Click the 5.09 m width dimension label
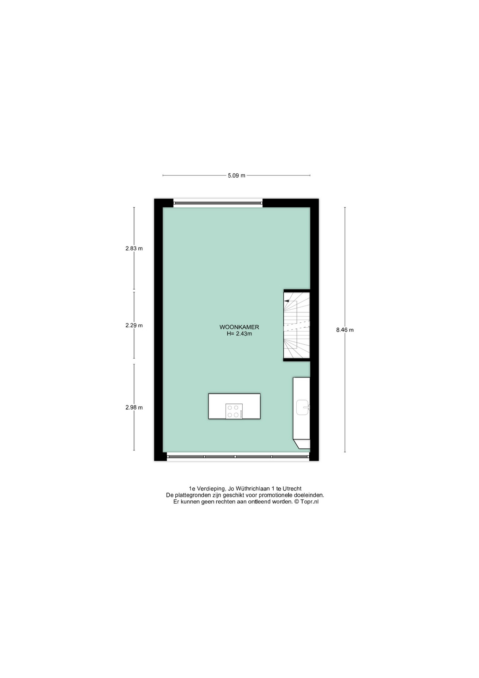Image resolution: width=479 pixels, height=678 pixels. click(236, 176)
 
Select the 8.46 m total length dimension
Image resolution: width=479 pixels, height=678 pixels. click(345, 330)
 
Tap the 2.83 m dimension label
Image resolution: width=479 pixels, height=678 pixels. click(134, 248)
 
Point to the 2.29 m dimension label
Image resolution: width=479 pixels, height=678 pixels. click(134, 325)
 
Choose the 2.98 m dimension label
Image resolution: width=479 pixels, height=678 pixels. click(134, 408)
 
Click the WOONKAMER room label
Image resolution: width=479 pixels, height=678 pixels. click(239, 327)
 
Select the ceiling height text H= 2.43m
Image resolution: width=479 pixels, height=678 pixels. click(239, 334)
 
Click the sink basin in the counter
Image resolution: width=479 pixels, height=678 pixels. click(303, 407)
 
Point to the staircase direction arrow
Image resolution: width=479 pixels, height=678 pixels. click(286, 301)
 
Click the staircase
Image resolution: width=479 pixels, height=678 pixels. click(297, 325)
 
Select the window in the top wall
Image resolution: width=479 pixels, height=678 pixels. click(218, 203)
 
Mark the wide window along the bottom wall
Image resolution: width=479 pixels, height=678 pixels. click(238, 457)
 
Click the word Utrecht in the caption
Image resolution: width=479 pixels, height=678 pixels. click(292, 489)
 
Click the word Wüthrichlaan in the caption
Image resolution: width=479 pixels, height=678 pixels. click(252, 489)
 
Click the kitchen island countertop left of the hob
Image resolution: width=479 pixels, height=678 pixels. click(217, 406)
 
